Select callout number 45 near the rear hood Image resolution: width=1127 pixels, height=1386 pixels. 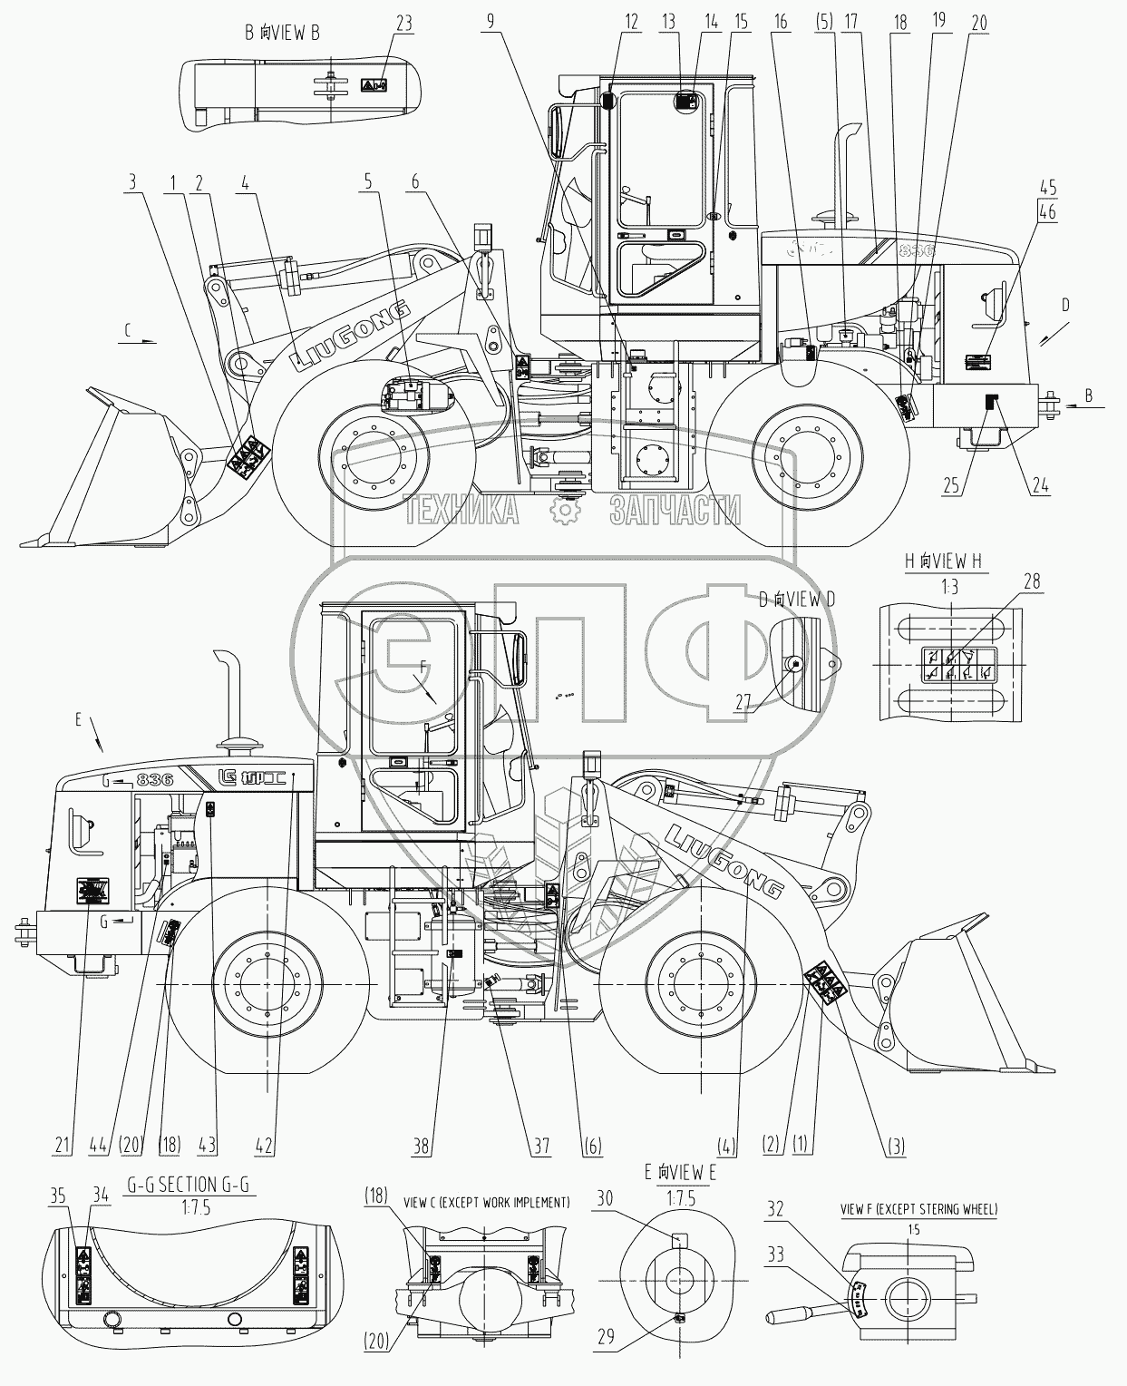point(1048,189)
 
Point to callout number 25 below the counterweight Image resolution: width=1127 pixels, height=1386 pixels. point(950,486)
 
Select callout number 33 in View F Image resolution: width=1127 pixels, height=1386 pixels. point(776,1255)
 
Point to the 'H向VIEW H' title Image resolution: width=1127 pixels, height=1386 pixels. point(943,561)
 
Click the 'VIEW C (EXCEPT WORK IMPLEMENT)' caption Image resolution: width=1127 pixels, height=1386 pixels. point(487,1202)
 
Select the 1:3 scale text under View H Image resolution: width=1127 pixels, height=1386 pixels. point(949,587)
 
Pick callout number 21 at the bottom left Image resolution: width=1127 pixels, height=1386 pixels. point(62,1147)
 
